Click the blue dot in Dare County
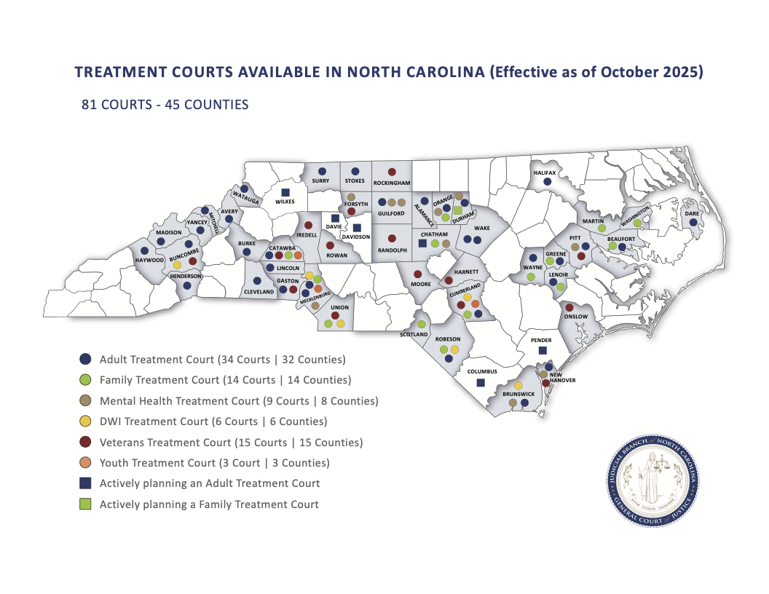(693, 222)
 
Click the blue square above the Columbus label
(480, 383)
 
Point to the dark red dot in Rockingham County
(392, 172)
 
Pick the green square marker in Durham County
(457, 210)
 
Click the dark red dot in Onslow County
(569, 308)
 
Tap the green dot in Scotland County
(422, 324)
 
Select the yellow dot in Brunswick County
(518, 385)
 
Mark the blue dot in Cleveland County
(257, 280)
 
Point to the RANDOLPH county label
(391, 250)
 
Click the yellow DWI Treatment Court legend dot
(85, 421)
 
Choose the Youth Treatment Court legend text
(214, 463)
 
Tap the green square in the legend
(85, 504)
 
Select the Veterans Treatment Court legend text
(231, 442)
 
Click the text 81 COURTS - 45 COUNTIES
(165, 105)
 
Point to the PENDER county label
(541, 340)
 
